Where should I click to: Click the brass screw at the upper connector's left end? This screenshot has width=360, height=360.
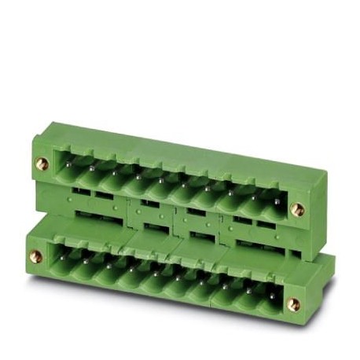pyautogui.click(x=42, y=163)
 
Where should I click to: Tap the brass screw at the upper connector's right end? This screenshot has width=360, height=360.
pyautogui.click(x=296, y=209)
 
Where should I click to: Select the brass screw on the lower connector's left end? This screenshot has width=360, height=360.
pyautogui.click(x=36, y=255)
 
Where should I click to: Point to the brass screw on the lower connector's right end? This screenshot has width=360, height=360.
pyautogui.click(x=292, y=304)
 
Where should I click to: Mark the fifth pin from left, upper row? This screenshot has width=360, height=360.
pyautogui.click(x=161, y=179)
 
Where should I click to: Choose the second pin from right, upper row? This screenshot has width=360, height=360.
pyautogui.click(x=252, y=197)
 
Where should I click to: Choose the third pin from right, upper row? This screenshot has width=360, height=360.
pyautogui.click(x=230, y=192)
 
